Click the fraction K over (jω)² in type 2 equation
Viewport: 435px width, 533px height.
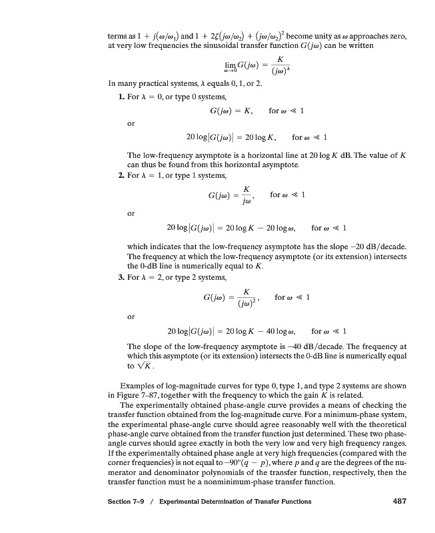coord(246,298)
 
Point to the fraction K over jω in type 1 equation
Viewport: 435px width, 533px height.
coord(246,195)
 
